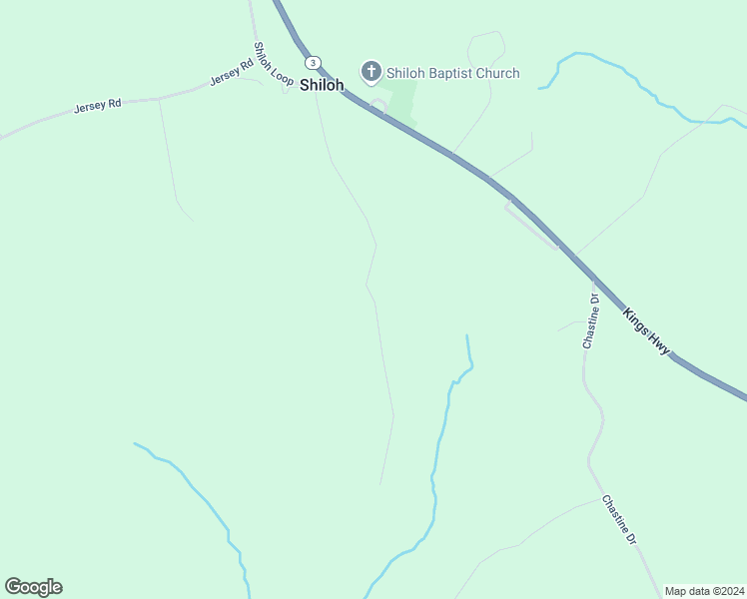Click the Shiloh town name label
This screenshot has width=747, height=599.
point(322,86)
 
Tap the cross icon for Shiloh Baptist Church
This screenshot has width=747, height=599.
point(372,71)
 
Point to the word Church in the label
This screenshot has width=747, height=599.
point(497,73)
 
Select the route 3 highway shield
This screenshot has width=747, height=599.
point(314,62)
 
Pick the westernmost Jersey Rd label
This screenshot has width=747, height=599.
point(97,105)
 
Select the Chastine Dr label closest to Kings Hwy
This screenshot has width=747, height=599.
point(590,320)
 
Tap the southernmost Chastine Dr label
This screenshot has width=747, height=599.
point(619,519)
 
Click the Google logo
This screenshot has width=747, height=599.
point(33,587)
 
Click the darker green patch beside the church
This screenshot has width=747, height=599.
point(402,100)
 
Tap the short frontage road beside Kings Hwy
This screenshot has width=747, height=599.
point(531,225)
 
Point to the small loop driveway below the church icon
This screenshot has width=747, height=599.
point(378,104)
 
